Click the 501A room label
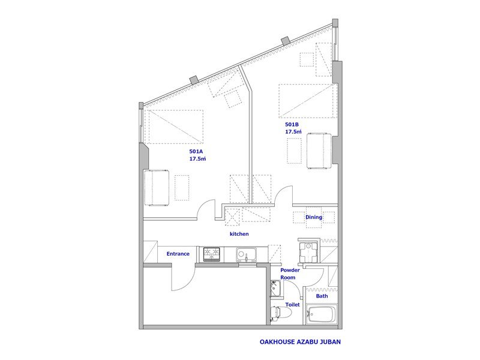pos(196,151)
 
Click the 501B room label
pos(292,125)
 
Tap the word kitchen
pos(239,234)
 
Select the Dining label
pos(314,217)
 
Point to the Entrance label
pos(178,254)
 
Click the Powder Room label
pos(290,274)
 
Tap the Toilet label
pos(293,305)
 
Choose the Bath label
pos(322,296)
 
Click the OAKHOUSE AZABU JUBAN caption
pos(300,341)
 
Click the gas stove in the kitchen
pos(212,254)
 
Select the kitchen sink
pos(246,254)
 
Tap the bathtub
pos(322,314)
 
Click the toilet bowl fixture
pos(280,313)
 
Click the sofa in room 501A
pos(157,187)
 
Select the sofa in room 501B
pos(319,151)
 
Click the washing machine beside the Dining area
pos(308,251)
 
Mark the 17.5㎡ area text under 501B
pos(293,131)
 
